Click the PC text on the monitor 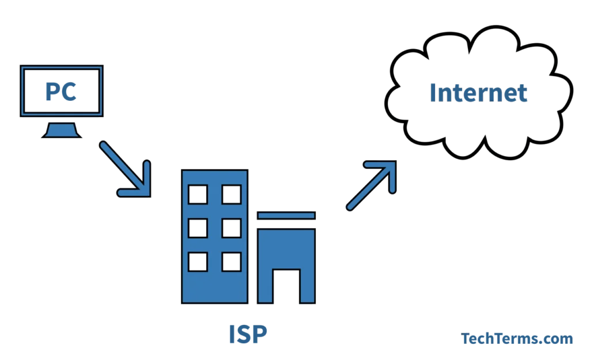coord(61,92)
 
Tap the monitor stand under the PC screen coord(61,130)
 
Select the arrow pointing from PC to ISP coord(125,169)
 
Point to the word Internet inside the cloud coord(478,93)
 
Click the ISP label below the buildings coord(248,334)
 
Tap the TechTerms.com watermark coord(517,339)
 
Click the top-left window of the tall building coord(198,195)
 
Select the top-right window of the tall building coord(232,195)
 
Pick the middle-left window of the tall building coord(198,228)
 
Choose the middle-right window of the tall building coord(232,228)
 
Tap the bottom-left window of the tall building coord(198,262)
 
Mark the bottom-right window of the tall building coord(232,262)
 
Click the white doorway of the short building coord(286,286)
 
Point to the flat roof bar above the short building coord(286,215)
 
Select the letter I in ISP coord(232,334)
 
